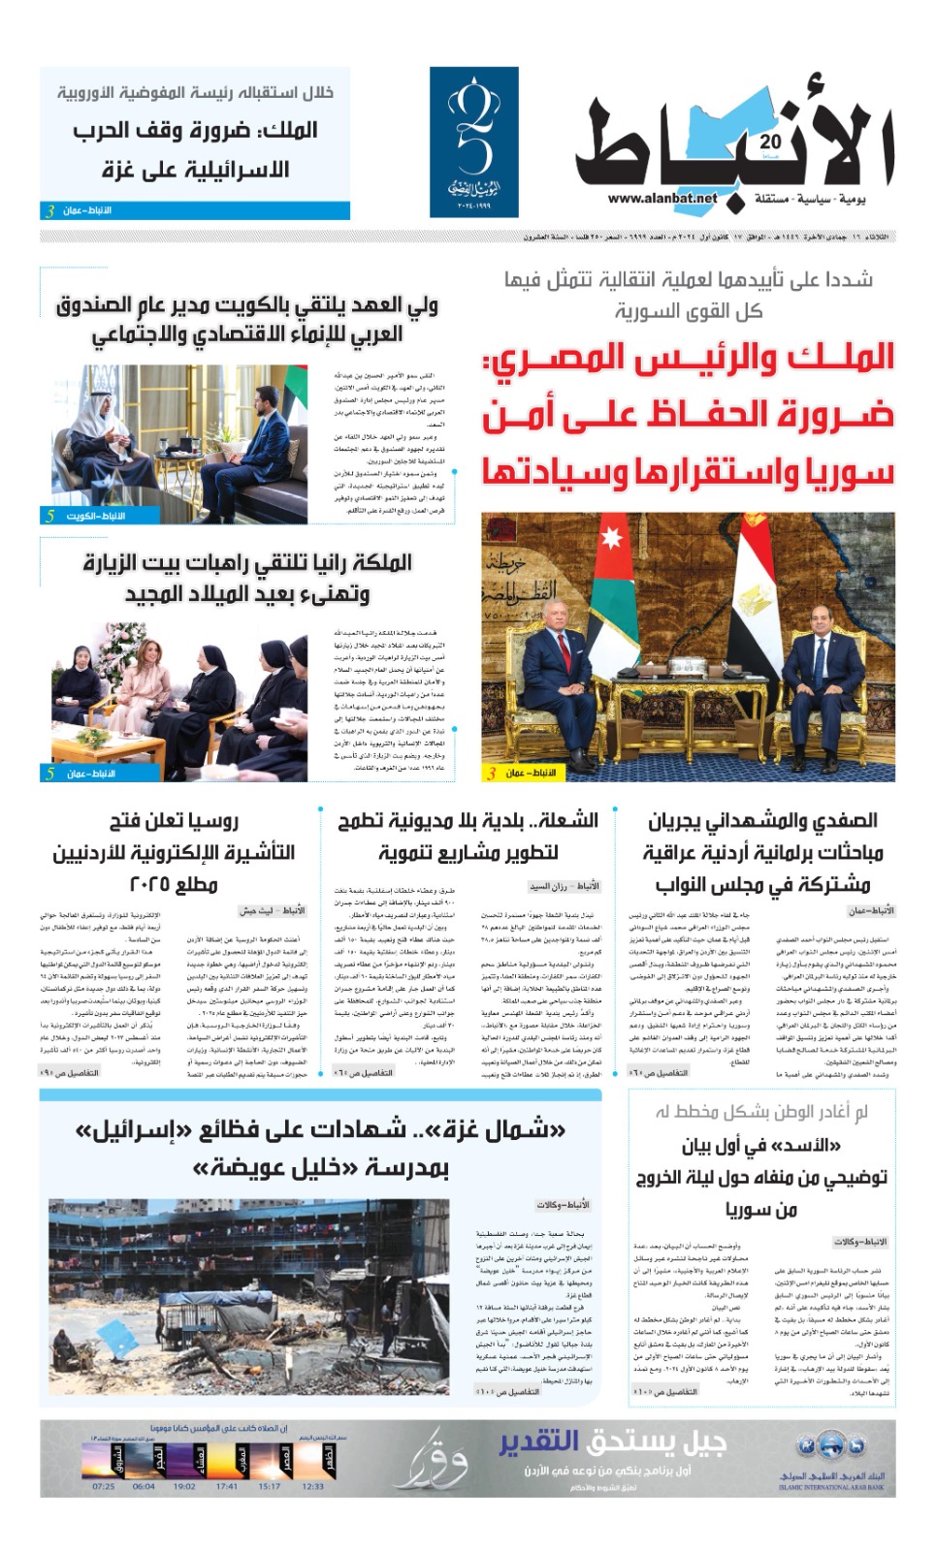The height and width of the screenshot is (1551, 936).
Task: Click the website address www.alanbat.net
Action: pos(662,199)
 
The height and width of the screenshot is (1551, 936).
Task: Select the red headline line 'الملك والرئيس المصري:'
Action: pos(689,359)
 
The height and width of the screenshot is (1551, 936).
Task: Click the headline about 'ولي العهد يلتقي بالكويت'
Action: pos(247,306)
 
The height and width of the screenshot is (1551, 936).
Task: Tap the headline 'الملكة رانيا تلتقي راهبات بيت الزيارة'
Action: pos(247,563)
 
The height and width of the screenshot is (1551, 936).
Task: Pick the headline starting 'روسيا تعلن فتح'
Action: pos(174,821)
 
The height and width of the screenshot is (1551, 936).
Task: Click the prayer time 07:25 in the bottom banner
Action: pos(103,1485)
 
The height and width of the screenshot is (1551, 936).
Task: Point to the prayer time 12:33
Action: pos(312,1485)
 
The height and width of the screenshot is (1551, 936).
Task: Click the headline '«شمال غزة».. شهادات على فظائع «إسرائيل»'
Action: pos(320,1130)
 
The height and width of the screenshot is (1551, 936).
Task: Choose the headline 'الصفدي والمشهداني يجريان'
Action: pos(762,821)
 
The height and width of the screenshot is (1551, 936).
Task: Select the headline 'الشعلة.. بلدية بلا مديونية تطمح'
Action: pos(468,821)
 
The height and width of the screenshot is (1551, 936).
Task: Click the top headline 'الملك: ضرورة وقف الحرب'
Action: pos(196,130)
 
